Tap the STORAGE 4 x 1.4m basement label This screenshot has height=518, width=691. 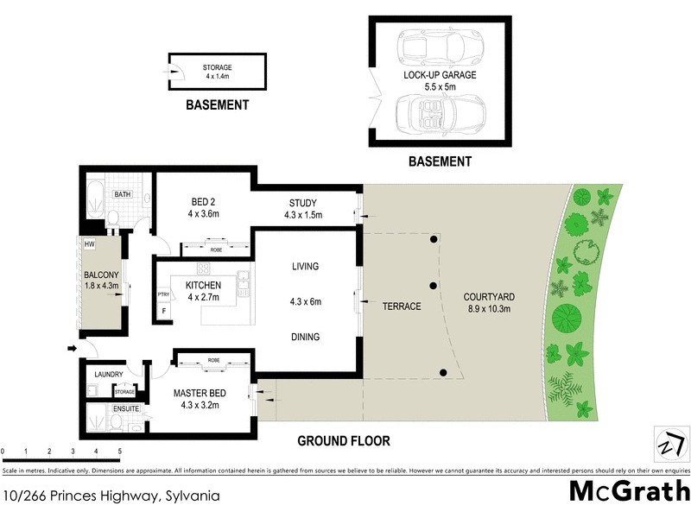217,72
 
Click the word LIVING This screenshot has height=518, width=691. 306,266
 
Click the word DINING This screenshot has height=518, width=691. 305,338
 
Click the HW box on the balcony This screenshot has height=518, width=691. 89,244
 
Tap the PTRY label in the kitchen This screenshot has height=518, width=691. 163,295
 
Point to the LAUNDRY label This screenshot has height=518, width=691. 109,374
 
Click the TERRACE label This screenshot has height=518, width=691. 402,306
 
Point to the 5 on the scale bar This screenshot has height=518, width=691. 119,452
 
